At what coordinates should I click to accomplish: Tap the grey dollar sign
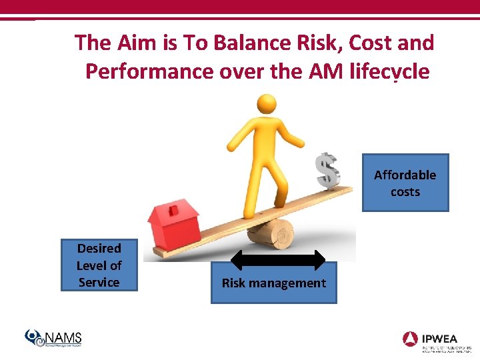point(326,171)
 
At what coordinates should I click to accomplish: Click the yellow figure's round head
point(267,105)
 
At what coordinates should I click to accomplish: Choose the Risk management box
point(273,283)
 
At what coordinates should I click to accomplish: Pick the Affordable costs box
point(405,183)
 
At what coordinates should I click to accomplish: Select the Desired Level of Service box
point(99,265)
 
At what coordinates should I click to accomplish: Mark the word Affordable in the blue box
point(405,175)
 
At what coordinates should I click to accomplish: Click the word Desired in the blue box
point(99,248)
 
